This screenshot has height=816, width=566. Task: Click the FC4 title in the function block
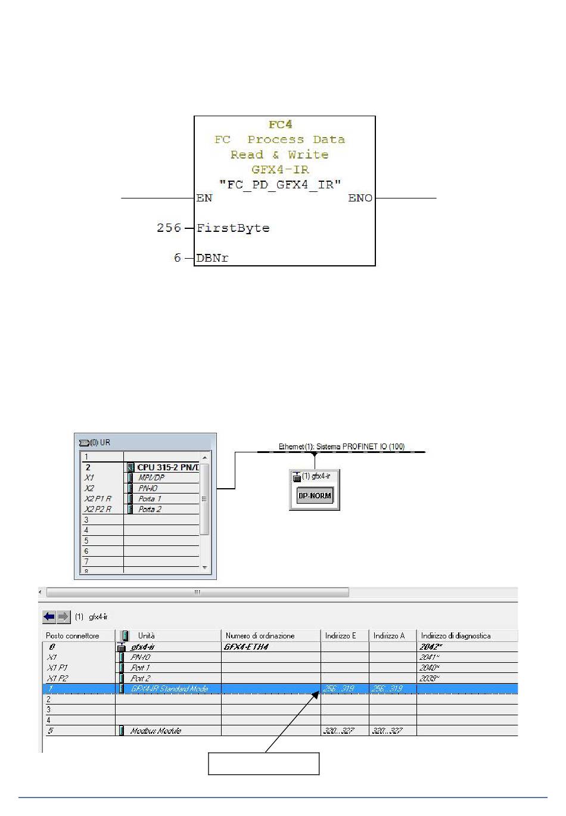pos(280,125)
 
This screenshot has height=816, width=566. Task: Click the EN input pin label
pos(204,198)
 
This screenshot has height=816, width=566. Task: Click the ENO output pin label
pos(360,198)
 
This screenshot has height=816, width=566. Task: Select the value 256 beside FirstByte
pos(169,228)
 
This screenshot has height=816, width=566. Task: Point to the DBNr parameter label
pos(212,258)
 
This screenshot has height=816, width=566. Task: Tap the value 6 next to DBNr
pos(178,258)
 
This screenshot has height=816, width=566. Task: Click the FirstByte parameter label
pos(233,228)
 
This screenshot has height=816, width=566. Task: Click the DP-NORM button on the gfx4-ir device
pos(314,495)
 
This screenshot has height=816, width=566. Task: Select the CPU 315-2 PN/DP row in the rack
pos(167,467)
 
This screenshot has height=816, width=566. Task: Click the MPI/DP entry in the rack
pos(151,477)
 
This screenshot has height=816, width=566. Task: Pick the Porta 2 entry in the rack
pos(150,509)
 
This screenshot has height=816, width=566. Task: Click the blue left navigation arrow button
pos(49,616)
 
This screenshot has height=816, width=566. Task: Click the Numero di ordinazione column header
pos(260,635)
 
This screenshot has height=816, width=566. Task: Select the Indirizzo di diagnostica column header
pos(456,635)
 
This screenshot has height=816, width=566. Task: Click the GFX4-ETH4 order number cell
pos(246,646)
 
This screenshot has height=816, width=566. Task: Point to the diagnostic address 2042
pos(430,646)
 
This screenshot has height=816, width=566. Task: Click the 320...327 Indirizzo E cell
pos(338,731)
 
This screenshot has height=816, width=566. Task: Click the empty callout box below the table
pos(263,764)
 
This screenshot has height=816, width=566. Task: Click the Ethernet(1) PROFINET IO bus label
pos(341,446)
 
